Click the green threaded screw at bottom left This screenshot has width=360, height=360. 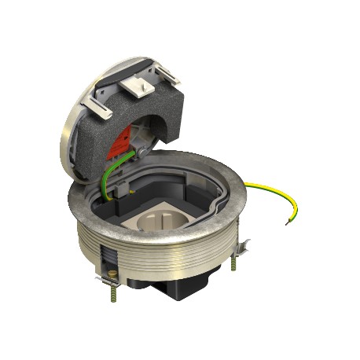point(112,297)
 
